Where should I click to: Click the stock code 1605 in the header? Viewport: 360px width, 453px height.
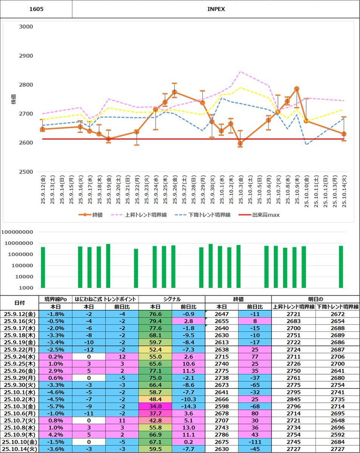[36, 9]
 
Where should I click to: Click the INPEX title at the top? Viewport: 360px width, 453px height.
[216, 9]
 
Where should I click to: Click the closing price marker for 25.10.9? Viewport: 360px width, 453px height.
[297, 89]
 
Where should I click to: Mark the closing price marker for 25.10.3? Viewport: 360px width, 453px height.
[240, 143]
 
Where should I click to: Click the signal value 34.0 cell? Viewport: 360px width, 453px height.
[155, 407]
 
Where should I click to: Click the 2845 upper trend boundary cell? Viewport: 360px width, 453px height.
[293, 399]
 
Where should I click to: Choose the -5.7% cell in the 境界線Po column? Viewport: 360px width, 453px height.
[55, 407]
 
